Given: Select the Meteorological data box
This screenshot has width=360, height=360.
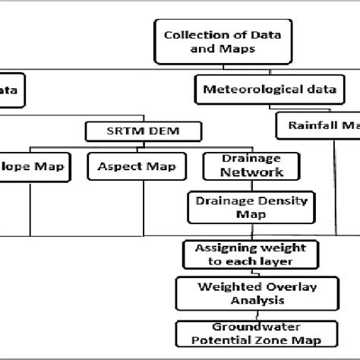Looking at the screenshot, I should [270, 90].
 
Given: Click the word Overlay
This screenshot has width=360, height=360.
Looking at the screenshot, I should [247, 287].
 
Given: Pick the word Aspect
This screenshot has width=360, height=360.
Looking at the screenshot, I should [116, 166].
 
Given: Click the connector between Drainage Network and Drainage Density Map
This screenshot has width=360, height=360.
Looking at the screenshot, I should [242, 186].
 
